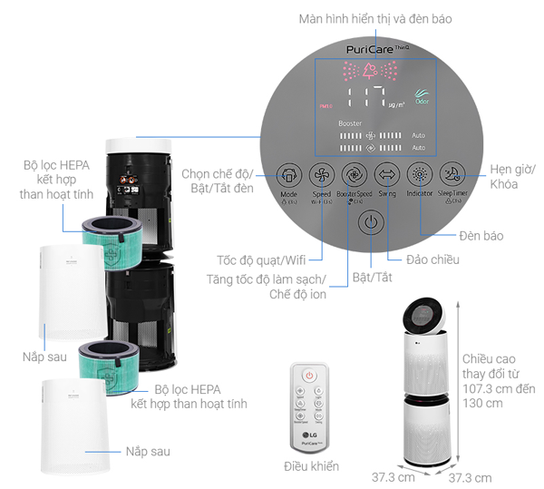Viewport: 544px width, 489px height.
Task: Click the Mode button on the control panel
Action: click(x=288, y=173)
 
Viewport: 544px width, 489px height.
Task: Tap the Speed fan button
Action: click(x=321, y=173)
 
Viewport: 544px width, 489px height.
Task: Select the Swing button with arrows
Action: click(x=387, y=173)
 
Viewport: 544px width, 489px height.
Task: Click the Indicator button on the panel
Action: click(x=420, y=173)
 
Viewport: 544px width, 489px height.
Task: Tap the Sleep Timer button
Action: click(x=453, y=173)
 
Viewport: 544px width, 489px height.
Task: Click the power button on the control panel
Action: click(x=370, y=221)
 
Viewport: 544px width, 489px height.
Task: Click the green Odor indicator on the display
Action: click(x=422, y=96)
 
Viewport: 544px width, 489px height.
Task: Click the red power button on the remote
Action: click(x=308, y=375)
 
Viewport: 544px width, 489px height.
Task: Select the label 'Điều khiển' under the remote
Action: click(x=311, y=466)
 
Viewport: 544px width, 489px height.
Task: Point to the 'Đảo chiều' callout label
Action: click(x=433, y=259)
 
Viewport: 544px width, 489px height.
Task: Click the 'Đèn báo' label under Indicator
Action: click(x=481, y=236)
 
